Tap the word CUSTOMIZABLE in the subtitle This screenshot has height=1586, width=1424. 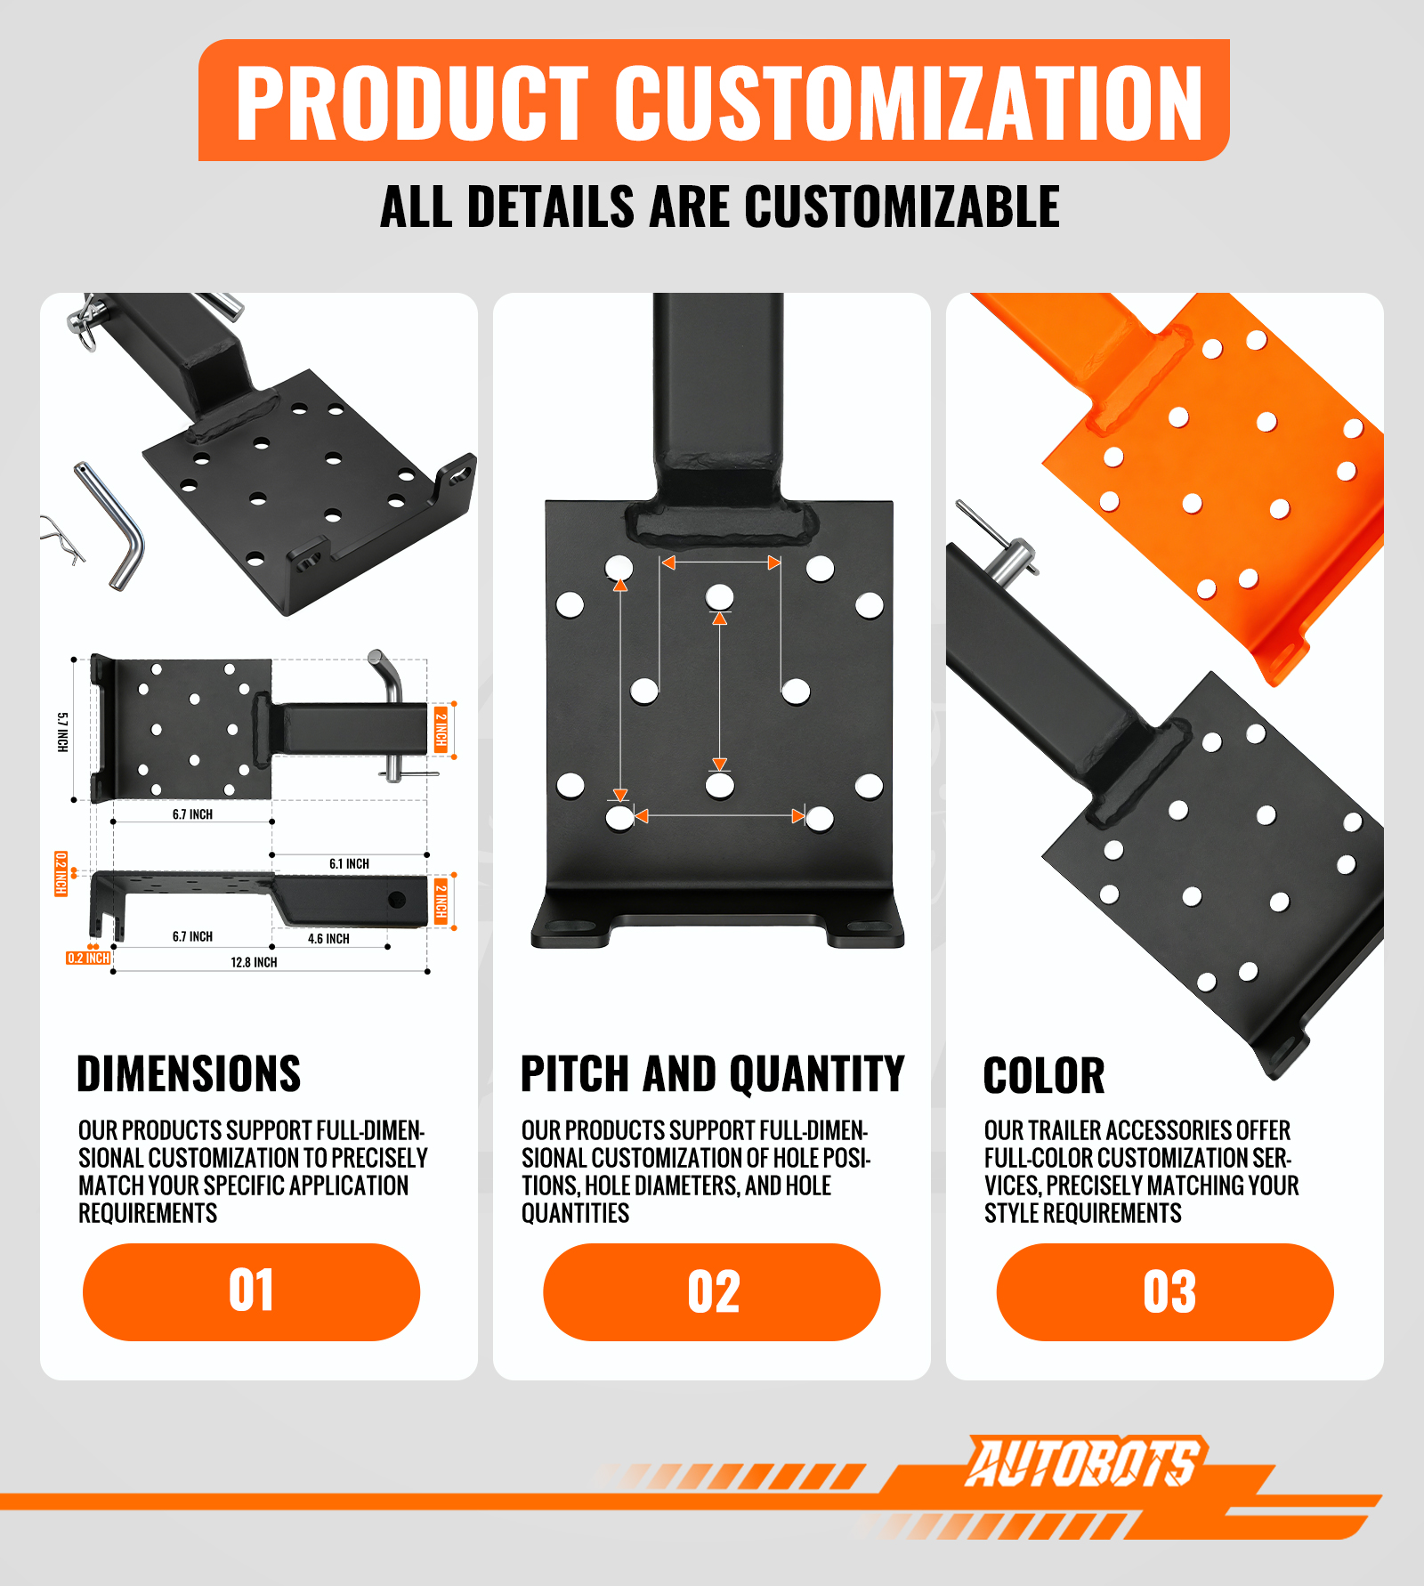pos(902,207)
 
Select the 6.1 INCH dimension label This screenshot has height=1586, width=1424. pos(349,863)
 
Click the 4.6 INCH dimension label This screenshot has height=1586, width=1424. pos(328,938)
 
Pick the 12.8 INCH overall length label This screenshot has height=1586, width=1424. pos(254,962)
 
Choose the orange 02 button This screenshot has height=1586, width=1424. pos(712,1291)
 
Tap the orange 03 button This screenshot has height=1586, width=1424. pos(1165,1291)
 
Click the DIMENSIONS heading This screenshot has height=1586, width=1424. pos(189,1073)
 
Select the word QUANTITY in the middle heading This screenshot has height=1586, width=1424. pos(814,1073)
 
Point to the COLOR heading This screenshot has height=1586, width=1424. pos(1044,1075)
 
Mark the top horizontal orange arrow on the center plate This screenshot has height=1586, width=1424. pos(721,562)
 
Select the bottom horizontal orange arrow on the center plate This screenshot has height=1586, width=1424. pos(720,815)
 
